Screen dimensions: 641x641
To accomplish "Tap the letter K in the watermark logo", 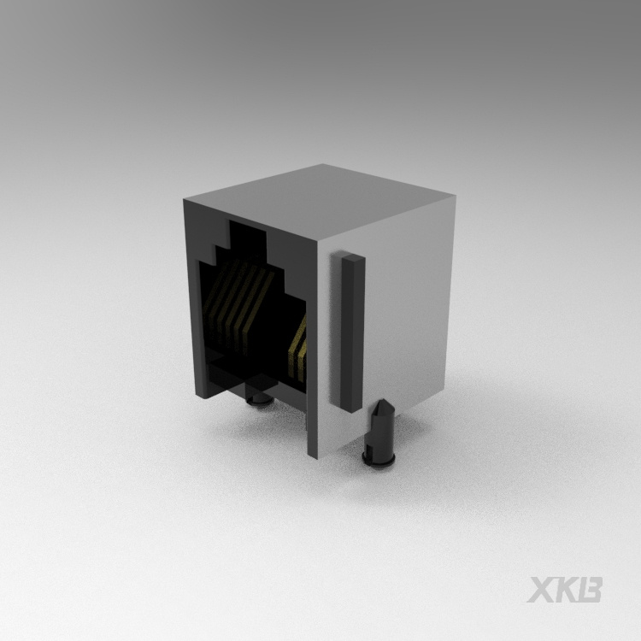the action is pyautogui.click(x=566, y=590).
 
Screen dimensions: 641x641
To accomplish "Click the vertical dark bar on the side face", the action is pyautogui.click(x=352, y=332).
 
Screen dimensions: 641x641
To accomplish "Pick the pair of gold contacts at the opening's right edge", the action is pyautogui.click(x=297, y=349).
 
